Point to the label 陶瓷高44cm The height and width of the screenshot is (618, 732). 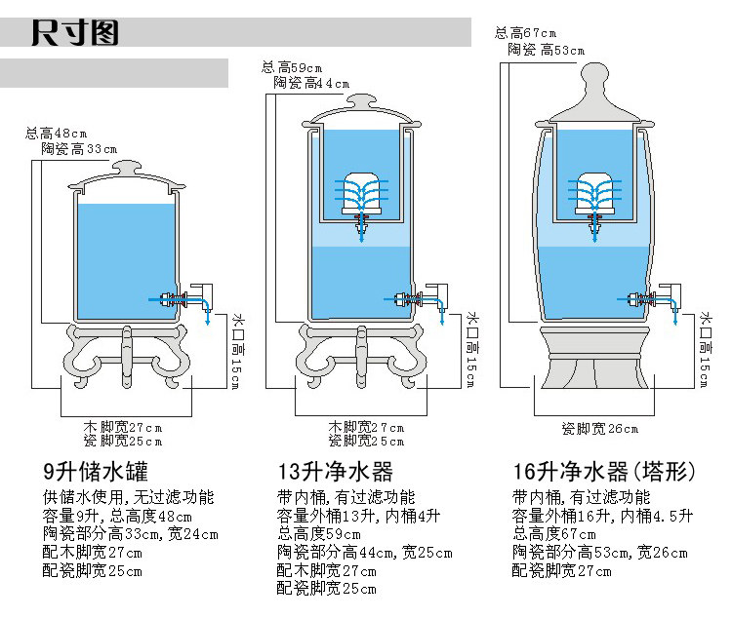coord(311,83)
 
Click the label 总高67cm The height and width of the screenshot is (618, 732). coord(528,34)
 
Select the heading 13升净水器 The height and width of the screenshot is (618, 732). coord(335,473)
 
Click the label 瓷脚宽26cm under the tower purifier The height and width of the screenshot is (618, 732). coord(600,429)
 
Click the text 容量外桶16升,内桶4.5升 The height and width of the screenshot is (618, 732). coord(602,516)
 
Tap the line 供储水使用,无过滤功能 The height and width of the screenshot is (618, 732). coord(128,497)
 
